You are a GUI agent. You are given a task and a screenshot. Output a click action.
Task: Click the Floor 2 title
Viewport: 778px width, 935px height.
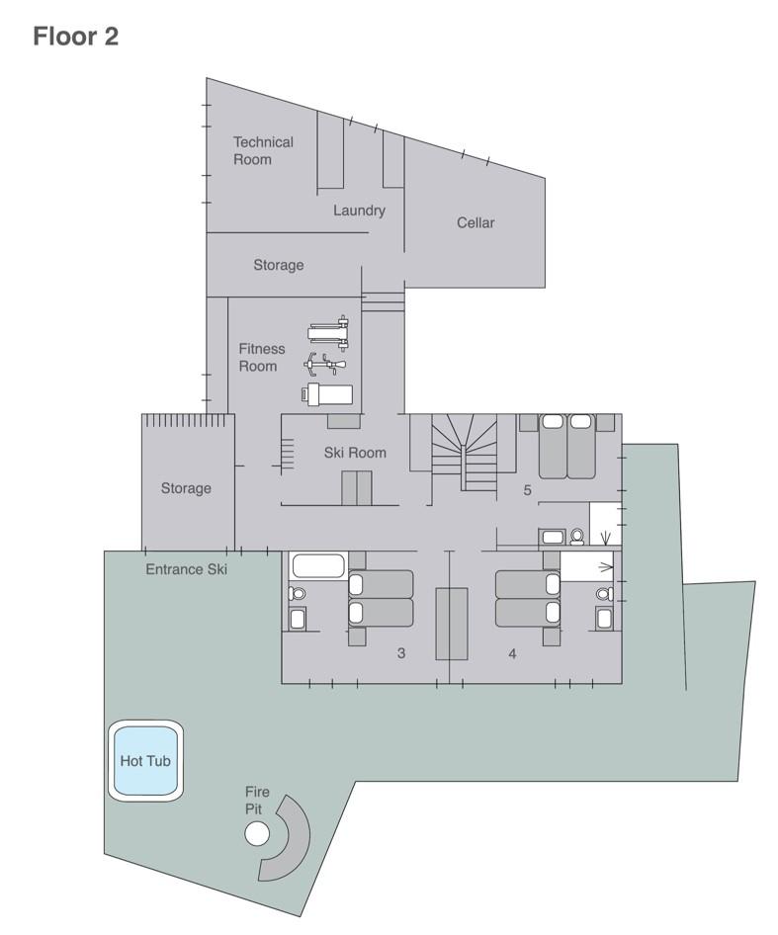coord(75,38)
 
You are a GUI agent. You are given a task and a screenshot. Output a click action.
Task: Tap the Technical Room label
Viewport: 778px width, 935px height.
coord(263,150)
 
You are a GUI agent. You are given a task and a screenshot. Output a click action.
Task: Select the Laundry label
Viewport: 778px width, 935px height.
coord(359,211)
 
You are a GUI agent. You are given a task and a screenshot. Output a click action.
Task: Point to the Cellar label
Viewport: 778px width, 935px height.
coord(475,222)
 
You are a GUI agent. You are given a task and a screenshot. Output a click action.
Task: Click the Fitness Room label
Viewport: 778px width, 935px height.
coord(261,357)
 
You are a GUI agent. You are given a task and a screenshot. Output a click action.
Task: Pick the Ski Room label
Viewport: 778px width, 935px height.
coord(355,453)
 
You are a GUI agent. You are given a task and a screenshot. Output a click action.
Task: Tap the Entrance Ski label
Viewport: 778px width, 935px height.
coord(186,569)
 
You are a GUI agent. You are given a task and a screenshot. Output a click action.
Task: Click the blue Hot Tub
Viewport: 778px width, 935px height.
coord(146,761)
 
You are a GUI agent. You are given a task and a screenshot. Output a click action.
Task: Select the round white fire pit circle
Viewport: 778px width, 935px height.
coord(257,835)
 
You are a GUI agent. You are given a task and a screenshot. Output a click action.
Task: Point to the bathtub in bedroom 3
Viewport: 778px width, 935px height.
coord(317,567)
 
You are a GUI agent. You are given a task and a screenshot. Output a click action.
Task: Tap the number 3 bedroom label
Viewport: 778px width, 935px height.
coord(400,653)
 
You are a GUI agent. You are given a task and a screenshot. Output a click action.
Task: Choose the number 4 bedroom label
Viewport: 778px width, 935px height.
coord(512,653)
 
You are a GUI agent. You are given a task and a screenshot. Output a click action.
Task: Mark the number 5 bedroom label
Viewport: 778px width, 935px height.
coord(527,489)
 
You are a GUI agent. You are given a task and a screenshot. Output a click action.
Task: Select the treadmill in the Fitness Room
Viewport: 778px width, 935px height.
coord(327,394)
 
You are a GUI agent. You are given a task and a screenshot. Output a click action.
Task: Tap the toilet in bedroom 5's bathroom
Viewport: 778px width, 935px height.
coord(577,537)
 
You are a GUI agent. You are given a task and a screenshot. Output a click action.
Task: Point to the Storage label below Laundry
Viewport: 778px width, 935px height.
coord(278,265)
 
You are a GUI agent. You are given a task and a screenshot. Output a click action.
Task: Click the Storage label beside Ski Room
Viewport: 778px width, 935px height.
coord(186,488)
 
